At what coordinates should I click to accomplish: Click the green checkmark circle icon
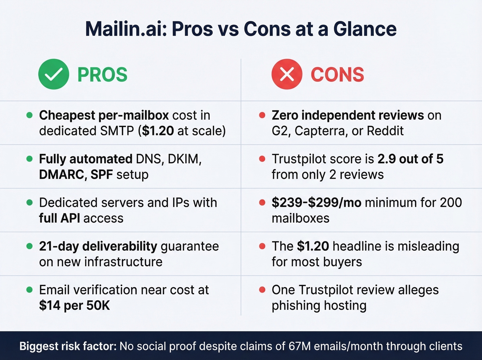pyautogui.click(x=53, y=74)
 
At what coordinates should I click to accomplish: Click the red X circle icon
pyautogui.click(x=287, y=74)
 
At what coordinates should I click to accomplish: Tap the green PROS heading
pyautogui.click(x=102, y=75)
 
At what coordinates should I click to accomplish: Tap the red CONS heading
pyautogui.click(x=337, y=75)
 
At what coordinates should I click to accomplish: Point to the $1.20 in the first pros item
pyautogui.click(x=158, y=131)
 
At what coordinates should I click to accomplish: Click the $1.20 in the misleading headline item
pyautogui.click(x=313, y=246)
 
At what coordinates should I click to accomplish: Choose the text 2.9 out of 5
pyautogui.click(x=410, y=159)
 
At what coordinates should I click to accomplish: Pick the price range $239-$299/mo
pyautogui.click(x=316, y=203)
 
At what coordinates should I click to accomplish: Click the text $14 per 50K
pyautogui.click(x=74, y=306)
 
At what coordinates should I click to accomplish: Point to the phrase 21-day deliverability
pyautogui.click(x=98, y=246)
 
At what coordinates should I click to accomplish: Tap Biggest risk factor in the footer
pyautogui.click(x=68, y=346)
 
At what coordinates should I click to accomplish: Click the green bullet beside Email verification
pyautogui.click(x=30, y=290)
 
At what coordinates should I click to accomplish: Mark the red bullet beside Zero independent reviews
pyautogui.click(x=262, y=115)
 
